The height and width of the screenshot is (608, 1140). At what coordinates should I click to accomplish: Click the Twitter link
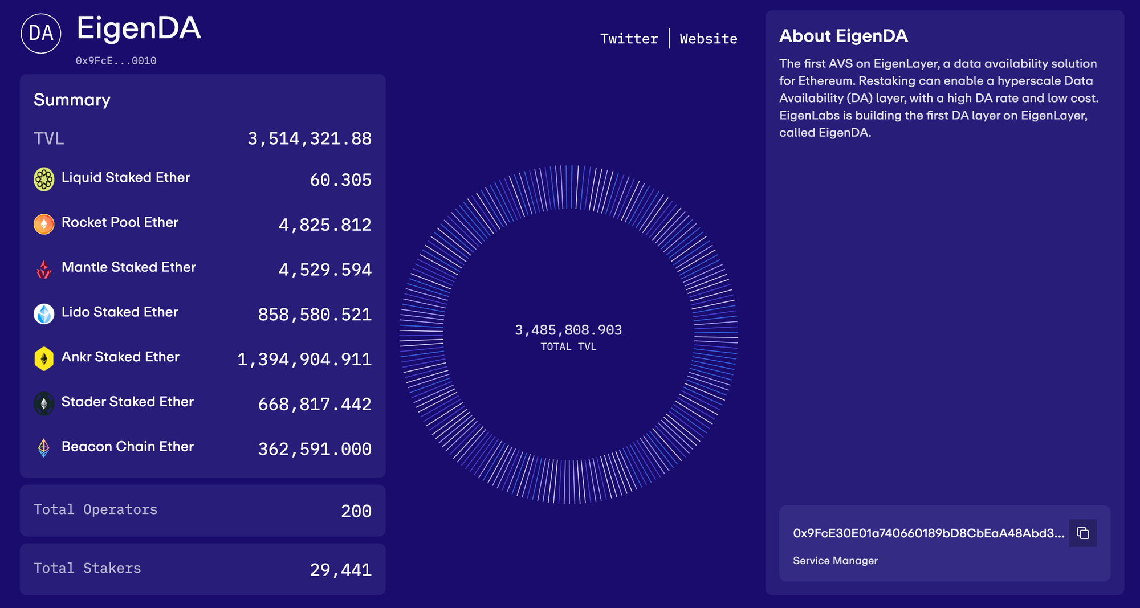(x=629, y=39)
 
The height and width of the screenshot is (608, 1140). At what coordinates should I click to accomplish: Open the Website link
(x=709, y=39)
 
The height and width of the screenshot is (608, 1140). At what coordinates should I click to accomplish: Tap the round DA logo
(x=41, y=34)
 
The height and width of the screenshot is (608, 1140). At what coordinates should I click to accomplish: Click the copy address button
(x=1082, y=533)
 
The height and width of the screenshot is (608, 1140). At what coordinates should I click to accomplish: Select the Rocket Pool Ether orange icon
(x=44, y=224)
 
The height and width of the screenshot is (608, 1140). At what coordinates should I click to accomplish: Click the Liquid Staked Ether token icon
(x=44, y=179)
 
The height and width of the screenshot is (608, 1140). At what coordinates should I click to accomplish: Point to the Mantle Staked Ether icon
(x=44, y=269)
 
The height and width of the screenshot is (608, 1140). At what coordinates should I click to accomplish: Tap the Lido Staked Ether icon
(x=44, y=313)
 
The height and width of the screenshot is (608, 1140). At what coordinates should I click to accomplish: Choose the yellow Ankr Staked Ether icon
(x=44, y=358)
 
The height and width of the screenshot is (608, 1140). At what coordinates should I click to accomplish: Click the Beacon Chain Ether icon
(x=44, y=448)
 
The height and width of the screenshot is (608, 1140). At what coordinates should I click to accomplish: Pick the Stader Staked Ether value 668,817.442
(x=315, y=404)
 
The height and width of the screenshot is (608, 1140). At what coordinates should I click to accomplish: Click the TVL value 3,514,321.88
(x=310, y=138)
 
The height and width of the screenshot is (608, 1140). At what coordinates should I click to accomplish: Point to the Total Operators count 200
(x=356, y=511)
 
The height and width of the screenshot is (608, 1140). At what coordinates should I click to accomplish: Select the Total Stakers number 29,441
(x=341, y=570)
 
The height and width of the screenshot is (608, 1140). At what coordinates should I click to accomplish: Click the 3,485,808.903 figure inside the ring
(x=568, y=330)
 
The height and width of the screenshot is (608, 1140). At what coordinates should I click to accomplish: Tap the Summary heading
(x=72, y=100)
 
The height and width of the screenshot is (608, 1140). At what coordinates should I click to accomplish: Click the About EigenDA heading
(x=843, y=36)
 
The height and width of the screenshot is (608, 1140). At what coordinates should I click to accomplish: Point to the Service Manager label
(x=835, y=561)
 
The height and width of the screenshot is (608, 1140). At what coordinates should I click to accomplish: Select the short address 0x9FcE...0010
(x=116, y=61)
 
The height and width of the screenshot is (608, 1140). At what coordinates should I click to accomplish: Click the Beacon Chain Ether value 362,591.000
(x=315, y=449)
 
